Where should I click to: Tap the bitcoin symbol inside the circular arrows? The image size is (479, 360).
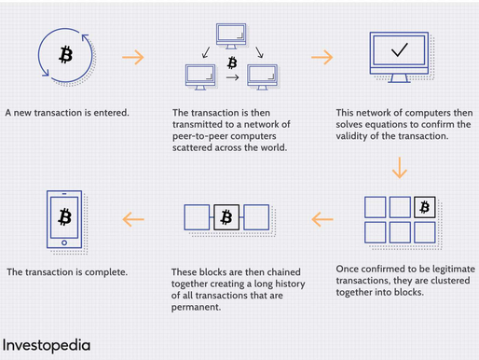tap(65, 55)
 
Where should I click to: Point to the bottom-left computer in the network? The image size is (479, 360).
tap(200, 73)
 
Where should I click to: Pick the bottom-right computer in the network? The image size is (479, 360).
tap(263, 73)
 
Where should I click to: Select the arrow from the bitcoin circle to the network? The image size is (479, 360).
tap(134, 57)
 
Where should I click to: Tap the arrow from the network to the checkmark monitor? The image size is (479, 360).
tap(322, 57)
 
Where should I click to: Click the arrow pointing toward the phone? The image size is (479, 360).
tap(134, 219)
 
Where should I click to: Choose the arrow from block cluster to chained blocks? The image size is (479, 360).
tap(322, 219)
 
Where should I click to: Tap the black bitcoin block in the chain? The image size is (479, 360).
tap(226, 218)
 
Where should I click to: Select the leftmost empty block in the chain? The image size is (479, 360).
tap(197, 218)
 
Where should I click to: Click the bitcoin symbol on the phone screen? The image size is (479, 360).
tap(65, 217)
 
